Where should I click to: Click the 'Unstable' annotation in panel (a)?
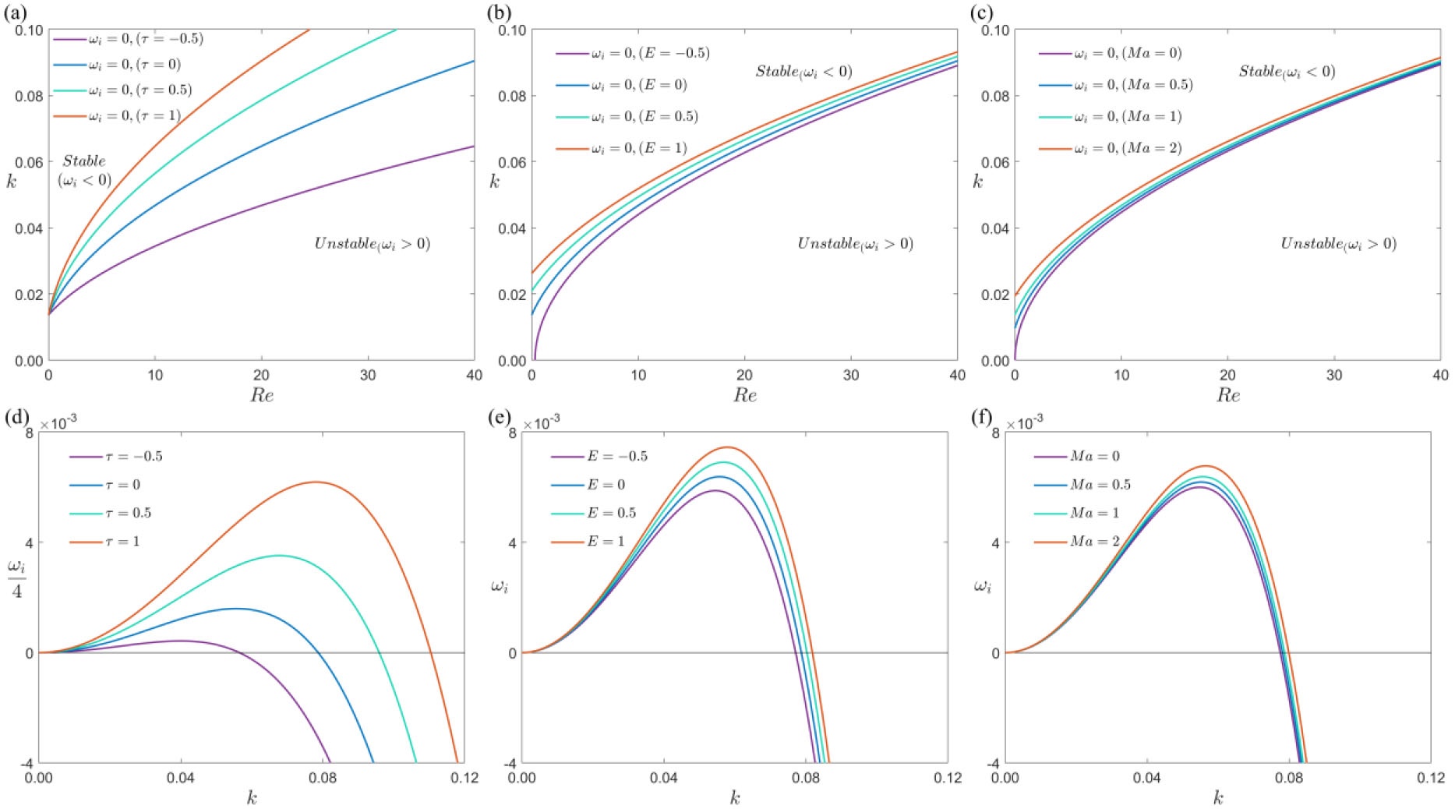pos(372,244)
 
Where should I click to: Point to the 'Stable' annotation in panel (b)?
pos(803,72)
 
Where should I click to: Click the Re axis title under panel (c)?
pos(1227,395)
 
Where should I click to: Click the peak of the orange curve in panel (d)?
pos(316,482)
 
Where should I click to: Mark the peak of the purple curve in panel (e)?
pos(715,490)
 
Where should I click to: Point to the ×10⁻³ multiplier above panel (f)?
pos(1024,423)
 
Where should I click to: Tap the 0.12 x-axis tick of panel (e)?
pos(947,778)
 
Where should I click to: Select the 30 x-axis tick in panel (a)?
pos(368,375)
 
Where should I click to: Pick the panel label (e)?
pos(499,418)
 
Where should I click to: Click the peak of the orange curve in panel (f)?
pos(1206,466)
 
